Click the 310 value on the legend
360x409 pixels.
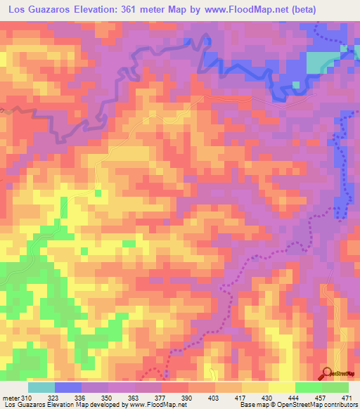tap(27, 398)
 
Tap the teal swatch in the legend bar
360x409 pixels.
tap(41, 387)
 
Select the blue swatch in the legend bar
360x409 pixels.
tap(68, 387)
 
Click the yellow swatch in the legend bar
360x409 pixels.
tap(281, 387)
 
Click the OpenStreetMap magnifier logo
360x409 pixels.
tap(326, 372)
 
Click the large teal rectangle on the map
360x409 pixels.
tap(321, 62)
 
